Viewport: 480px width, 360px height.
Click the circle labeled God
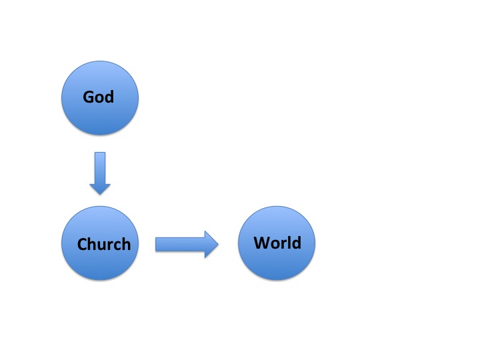(100, 98)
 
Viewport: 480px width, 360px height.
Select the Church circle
(100, 243)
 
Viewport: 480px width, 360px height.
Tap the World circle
(277, 243)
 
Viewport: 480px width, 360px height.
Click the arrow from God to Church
(100, 173)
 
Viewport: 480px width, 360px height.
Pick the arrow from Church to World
(187, 244)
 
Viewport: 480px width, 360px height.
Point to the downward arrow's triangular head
(100, 188)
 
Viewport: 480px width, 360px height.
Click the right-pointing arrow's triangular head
(211, 244)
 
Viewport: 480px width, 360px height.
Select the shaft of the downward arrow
(100, 168)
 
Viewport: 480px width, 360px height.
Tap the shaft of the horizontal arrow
(180, 244)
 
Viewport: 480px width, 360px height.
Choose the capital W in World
(263, 243)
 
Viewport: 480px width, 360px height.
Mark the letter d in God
(109, 97)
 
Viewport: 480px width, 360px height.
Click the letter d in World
(296, 242)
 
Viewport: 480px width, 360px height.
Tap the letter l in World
(289, 242)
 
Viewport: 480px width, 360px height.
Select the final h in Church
(126, 244)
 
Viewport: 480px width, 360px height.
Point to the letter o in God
(99, 98)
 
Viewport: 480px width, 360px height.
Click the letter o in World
(276, 244)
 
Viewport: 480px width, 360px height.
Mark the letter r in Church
(110, 245)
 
